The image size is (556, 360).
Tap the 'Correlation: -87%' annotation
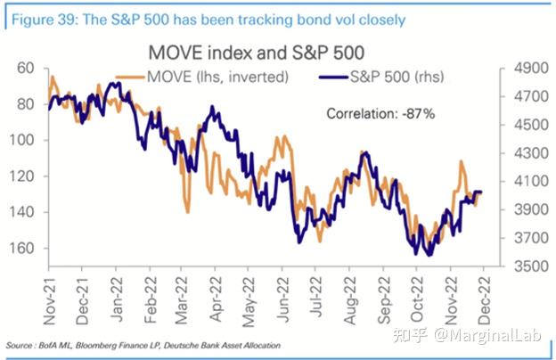point(380,113)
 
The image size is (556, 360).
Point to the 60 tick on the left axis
point(26,68)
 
